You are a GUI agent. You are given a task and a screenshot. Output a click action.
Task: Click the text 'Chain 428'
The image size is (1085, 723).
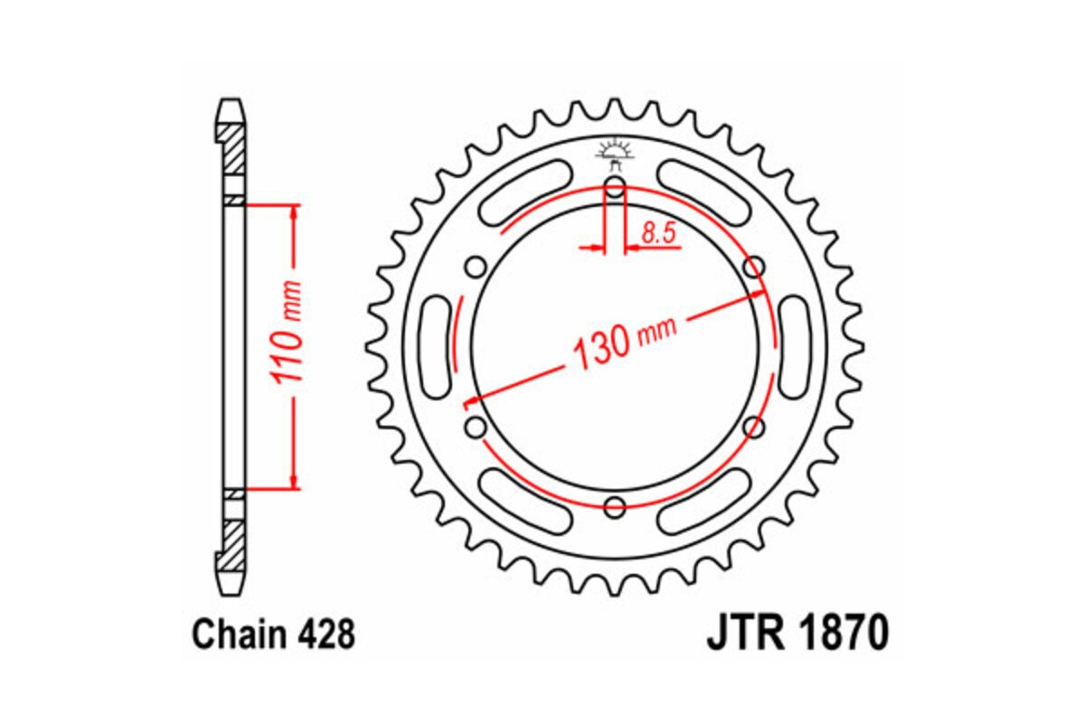point(273,635)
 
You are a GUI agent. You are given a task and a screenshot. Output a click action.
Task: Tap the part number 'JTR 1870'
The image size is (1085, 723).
point(797,634)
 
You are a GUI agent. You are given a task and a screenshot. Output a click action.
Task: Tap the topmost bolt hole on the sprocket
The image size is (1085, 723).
point(615,189)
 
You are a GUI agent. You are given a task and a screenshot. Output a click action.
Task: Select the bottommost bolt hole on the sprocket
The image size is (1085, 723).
point(615,506)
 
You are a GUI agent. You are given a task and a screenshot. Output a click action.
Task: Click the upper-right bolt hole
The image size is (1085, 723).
point(753,268)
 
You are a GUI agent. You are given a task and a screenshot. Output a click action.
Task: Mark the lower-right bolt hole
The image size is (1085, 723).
point(753,427)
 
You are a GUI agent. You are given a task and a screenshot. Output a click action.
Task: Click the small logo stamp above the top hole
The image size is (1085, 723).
point(615,151)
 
